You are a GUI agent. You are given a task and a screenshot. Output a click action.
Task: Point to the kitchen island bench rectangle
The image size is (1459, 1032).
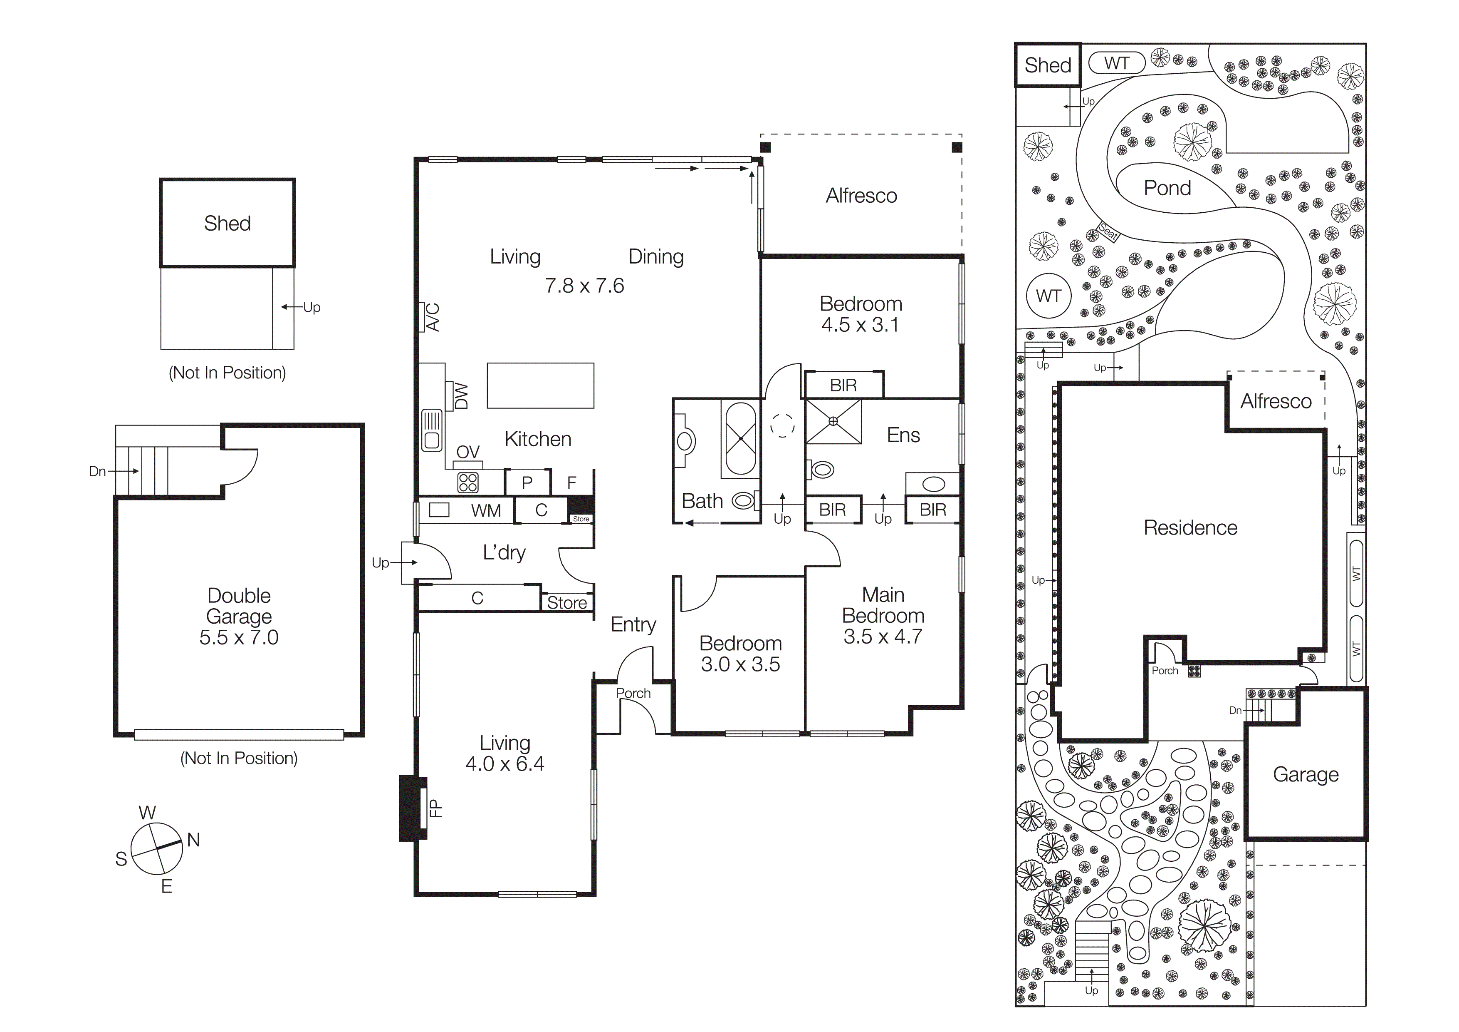pyautogui.click(x=540, y=385)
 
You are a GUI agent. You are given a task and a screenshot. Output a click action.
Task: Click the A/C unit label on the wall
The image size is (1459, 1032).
pyautogui.click(x=432, y=317)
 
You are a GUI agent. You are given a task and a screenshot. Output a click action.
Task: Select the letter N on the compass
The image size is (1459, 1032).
pyautogui.click(x=193, y=840)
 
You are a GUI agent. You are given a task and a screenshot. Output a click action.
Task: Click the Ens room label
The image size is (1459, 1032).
pyautogui.click(x=903, y=435)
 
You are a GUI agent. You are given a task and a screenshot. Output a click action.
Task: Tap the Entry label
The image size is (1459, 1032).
pyautogui.click(x=633, y=624)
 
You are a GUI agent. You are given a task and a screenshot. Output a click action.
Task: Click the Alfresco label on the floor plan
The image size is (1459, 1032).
pyautogui.click(x=861, y=196)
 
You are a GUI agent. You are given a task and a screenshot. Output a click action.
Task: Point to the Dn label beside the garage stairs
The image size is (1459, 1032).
pyautogui.click(x=97, y=471)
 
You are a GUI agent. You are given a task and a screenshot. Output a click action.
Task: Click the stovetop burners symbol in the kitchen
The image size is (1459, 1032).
pyautogui.click(x=468, y=482)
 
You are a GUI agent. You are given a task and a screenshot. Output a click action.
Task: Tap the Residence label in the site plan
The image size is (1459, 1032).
pyautogui.click(x=1190, y=528)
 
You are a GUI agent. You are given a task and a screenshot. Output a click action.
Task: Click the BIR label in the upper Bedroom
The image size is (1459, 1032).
pyautogui.click(x=843, y=385)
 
